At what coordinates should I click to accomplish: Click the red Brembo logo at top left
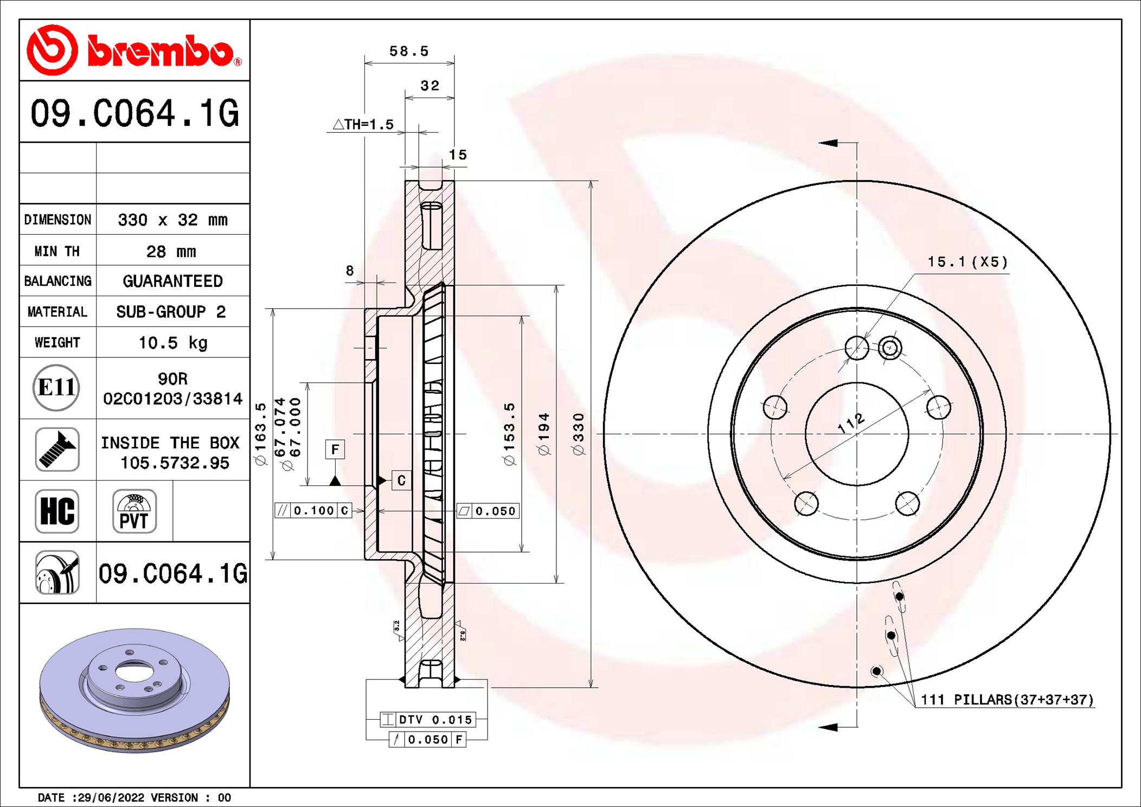tap(134, 50)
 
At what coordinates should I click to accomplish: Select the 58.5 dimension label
tap(409, 52)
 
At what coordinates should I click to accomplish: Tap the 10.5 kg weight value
tap(173, 343)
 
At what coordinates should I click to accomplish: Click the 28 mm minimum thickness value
tap(171, 252)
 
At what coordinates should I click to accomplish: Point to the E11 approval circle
tap(56, 388)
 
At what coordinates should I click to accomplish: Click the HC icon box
tap(57, 511)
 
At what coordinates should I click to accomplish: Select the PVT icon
tap(134, 511)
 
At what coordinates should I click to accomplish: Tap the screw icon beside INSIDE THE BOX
tap(57, 449)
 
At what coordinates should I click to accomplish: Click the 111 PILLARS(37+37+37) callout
tap(1007, 700)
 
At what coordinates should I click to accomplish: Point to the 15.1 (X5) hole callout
tap(967, 262)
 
